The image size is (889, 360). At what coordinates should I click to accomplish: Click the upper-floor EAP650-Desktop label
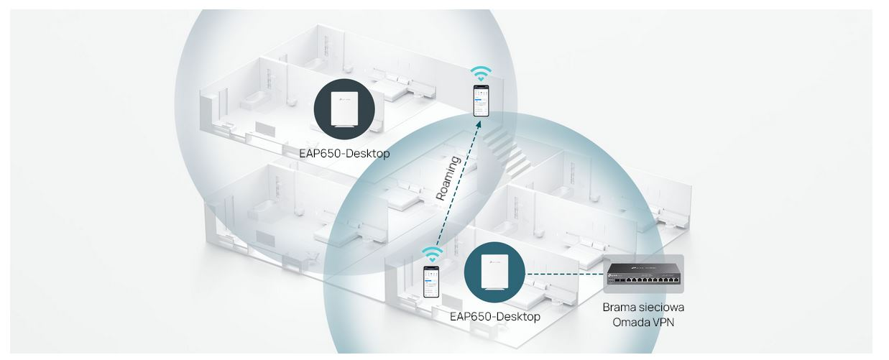pyautogui.click(x=344, y=154)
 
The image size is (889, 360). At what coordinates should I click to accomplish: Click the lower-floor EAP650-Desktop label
pyautogui.click(x=495, y=317)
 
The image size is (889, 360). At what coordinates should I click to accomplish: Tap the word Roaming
pyautogui.click(x=448, y=178)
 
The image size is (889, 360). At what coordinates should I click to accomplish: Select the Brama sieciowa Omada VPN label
pyautogui.click(x=643, y=315)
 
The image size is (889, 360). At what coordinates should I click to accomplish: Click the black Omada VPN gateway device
pyautogui.click(x=643, y=274)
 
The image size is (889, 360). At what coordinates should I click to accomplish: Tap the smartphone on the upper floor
pyautogui.click(x=481, y=101)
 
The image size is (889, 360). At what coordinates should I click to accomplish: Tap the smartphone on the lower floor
pyautogui.click(x=431, y=282)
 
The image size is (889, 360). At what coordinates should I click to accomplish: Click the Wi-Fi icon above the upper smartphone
pyautogui.click(x=481, y=74)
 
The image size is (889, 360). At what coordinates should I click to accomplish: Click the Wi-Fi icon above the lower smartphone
pyautogui.click(x=432, y=254)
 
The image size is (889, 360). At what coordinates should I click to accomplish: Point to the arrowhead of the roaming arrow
pyautogui.click(x=479, y=124)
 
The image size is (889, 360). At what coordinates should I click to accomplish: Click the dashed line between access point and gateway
pyautogui.click(x=564, y=274)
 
